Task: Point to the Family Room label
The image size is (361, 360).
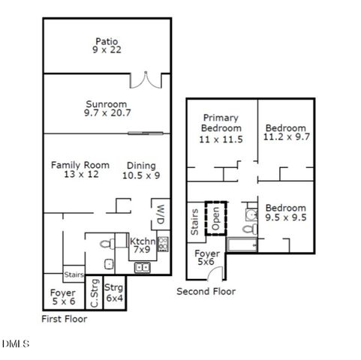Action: (80, 170)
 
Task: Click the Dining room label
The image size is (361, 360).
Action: (141, 171)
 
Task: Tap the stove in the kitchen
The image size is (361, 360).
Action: (163, 244)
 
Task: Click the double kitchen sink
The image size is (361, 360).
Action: (143, 267)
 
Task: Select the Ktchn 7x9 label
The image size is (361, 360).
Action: (143, 246)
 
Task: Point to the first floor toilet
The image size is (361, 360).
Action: (107, 242)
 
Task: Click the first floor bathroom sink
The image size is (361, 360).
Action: (109, 263)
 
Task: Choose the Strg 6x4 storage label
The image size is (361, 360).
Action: (113, 292)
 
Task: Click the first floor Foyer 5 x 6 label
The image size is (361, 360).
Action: (63, 297)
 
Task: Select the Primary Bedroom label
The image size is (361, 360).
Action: (221, 128)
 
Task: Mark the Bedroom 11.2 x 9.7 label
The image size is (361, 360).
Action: (285, 132)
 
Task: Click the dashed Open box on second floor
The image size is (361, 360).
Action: (217, 215)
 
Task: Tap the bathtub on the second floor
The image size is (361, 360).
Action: (241, 244)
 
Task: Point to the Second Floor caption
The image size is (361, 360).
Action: (206, 291)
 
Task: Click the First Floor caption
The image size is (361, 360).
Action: (64, 319)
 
